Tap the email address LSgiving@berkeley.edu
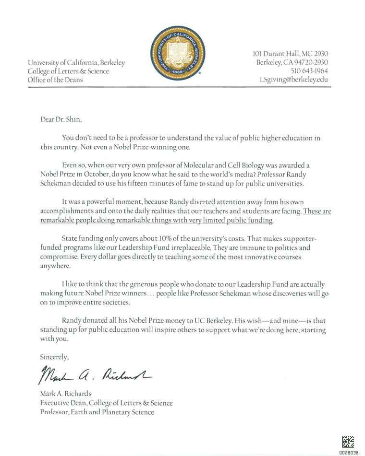(293, 80)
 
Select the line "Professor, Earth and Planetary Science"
(97, 412)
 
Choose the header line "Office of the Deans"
(55, 80)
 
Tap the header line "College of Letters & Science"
(69, 71)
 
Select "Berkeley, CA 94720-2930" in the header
(292, 62)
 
